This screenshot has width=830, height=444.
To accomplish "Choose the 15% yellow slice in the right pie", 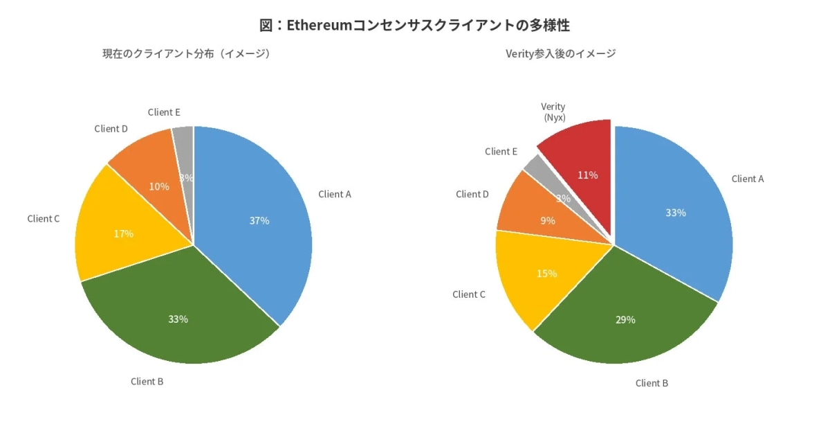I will (543, 274).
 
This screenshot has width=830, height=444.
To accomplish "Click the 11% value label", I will (587, 175).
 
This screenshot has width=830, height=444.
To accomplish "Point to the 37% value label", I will (259, 221).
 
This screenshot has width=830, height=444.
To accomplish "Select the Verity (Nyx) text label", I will (553, 112).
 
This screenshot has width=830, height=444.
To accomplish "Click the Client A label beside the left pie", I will (335, 195).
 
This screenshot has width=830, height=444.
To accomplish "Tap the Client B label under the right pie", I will (652, 383).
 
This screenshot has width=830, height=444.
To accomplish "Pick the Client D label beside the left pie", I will (111, 129).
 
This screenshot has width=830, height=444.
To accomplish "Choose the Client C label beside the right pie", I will (469, 294).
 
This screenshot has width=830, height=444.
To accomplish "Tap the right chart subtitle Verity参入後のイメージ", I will (561, 53).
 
